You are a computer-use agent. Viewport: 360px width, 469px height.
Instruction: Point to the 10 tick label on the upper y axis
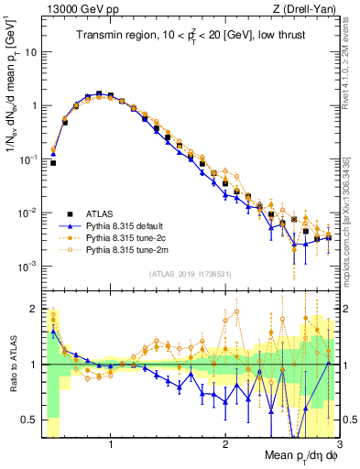[x=31, y=52]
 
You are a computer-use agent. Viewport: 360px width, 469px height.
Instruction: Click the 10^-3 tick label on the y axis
[x=27, y=266]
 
